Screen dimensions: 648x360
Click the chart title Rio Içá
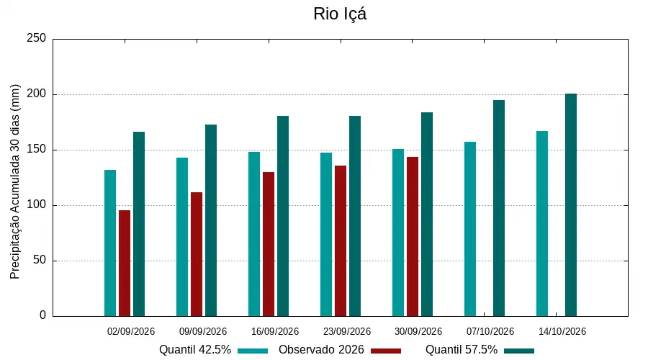(x=340, y=14)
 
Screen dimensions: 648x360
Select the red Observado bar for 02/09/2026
(x=125, y=264)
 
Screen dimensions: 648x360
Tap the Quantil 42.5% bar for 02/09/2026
(x=110, y=243)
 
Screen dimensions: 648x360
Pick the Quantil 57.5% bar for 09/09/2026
(x=211, y=220)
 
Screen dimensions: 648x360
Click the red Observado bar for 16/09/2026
(x=269, y=244)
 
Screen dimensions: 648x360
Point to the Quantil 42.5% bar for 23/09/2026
(x=326, y=234)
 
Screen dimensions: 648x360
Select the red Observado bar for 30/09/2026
(x=413, y=236)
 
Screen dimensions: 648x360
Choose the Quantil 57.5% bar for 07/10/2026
(x=499, y=208)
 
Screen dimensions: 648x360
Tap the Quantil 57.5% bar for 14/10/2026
(x=571, y=205)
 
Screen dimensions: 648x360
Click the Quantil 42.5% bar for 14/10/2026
(x=542, y=224)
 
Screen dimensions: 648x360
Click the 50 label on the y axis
(x=40, y=260)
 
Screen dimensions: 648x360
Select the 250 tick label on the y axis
(x=37, y=38)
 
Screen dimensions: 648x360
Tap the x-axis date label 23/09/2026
(x=347, y=331)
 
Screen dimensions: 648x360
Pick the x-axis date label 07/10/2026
(x=490, y=331)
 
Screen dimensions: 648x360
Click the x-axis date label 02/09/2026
(x=130, y=331)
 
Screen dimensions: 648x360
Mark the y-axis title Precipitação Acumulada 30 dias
(x=14, y=182)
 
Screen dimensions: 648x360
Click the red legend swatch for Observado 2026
(x=386, y=351)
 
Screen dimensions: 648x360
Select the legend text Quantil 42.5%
(x=195, y=350)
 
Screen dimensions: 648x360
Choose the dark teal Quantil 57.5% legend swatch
(x=519, y=351)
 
